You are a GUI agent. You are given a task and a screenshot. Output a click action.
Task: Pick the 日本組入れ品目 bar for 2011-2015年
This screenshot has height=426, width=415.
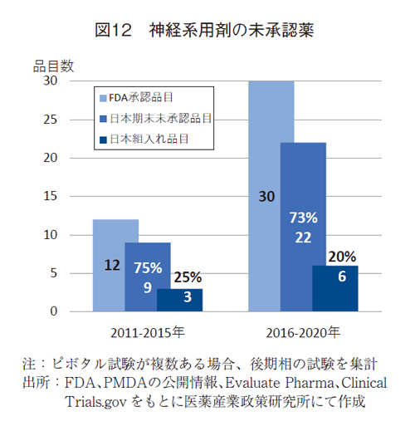click(180, 300)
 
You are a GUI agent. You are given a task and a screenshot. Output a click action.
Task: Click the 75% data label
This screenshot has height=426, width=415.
click(147, 267)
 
